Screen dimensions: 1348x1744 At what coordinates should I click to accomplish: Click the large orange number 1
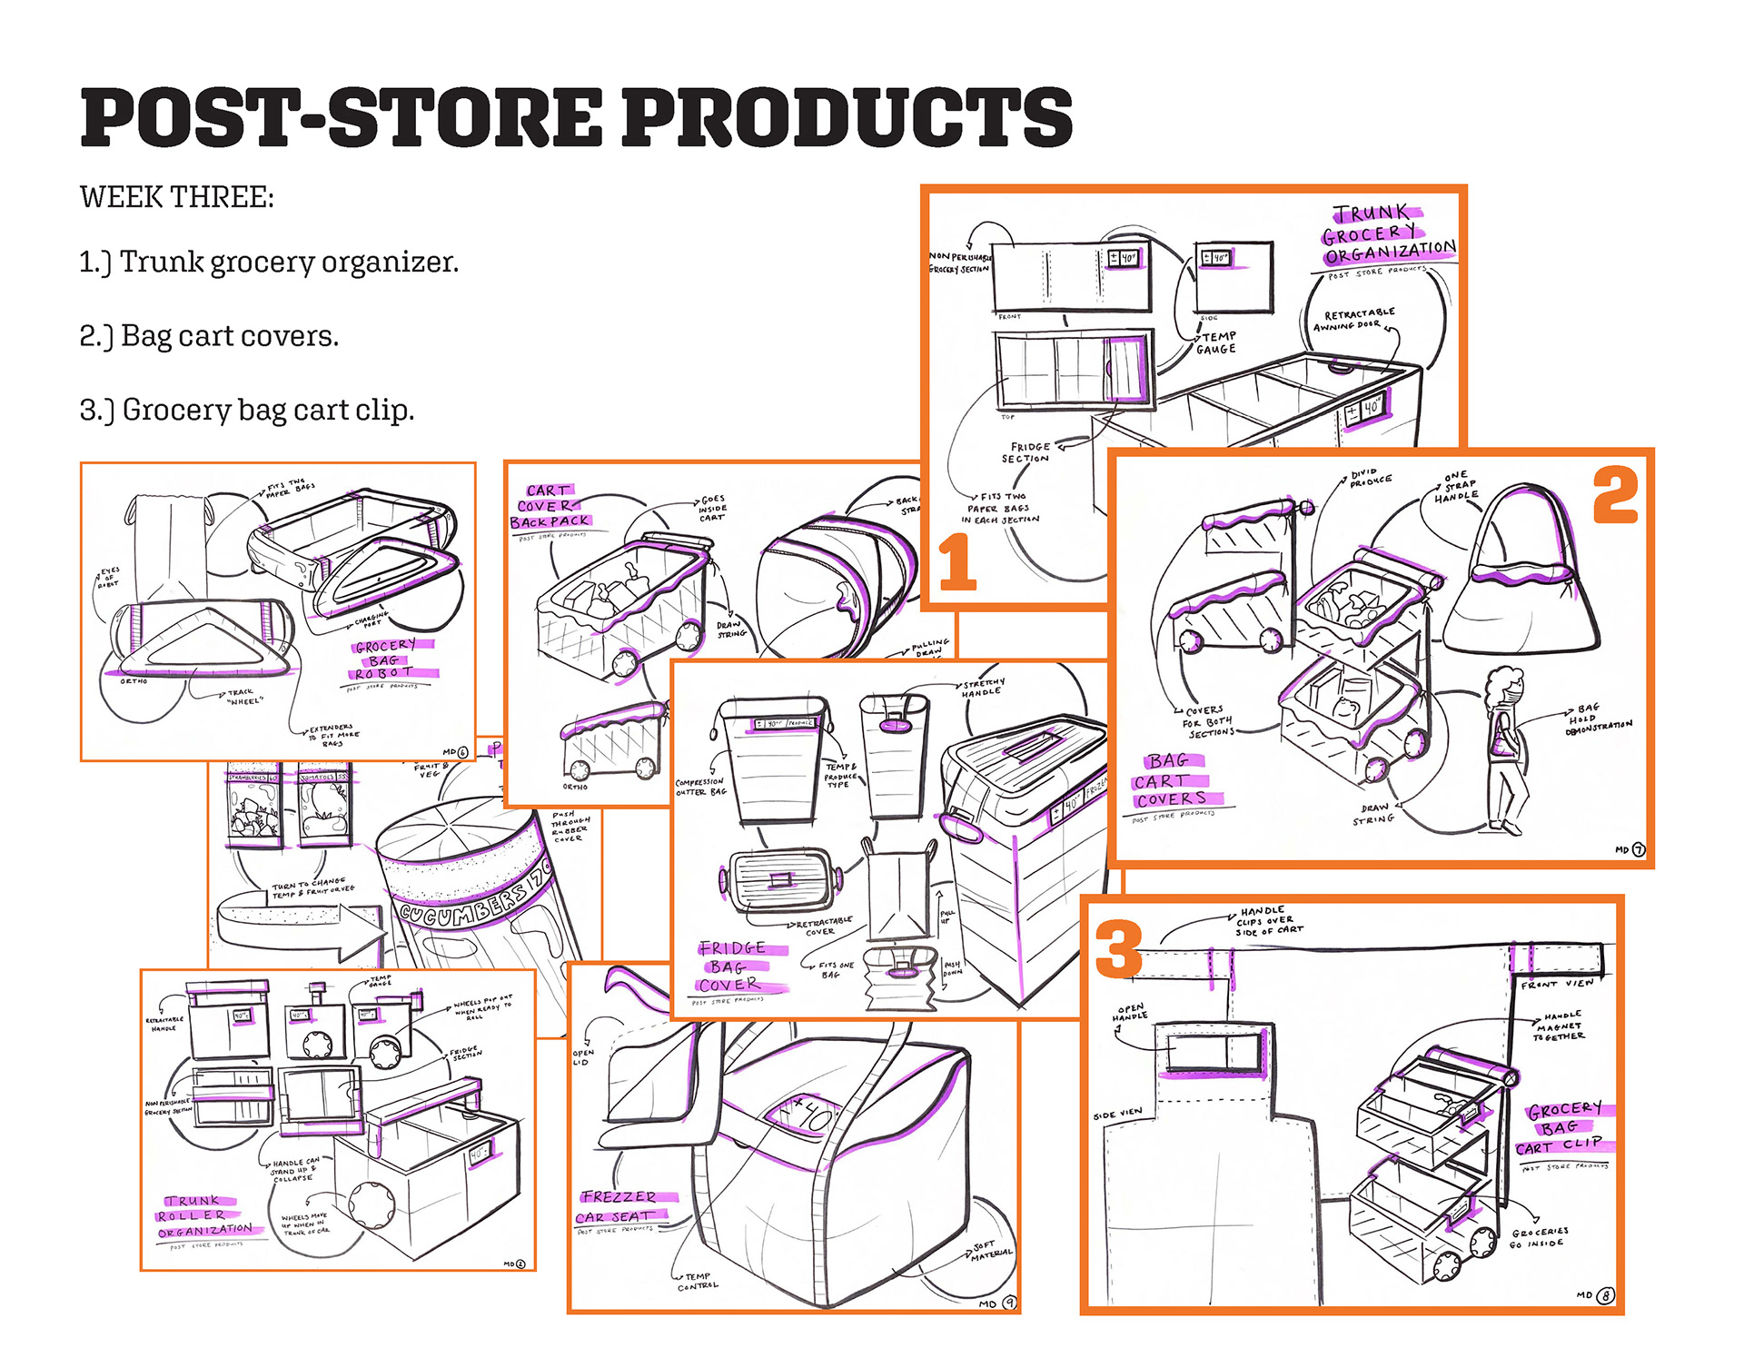(956, 562)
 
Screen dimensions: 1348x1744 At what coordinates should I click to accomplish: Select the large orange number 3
(1118, 948)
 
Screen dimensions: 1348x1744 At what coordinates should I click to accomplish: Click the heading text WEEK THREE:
(177, 197)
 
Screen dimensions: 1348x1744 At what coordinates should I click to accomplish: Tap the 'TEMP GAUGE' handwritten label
(1216, 342)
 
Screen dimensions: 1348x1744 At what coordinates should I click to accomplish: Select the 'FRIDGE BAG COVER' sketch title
(732, 966)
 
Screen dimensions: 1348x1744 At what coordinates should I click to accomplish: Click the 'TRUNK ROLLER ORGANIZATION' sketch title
(203, 1215)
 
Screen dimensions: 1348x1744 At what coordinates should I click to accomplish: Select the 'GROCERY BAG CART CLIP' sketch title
(1563, 1128)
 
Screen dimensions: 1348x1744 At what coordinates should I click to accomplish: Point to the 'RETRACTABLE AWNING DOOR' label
(1356, 319)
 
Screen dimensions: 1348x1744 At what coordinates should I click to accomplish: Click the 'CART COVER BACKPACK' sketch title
(550, 506)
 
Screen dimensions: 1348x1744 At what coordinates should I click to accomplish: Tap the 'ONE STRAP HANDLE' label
(1456, 487)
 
